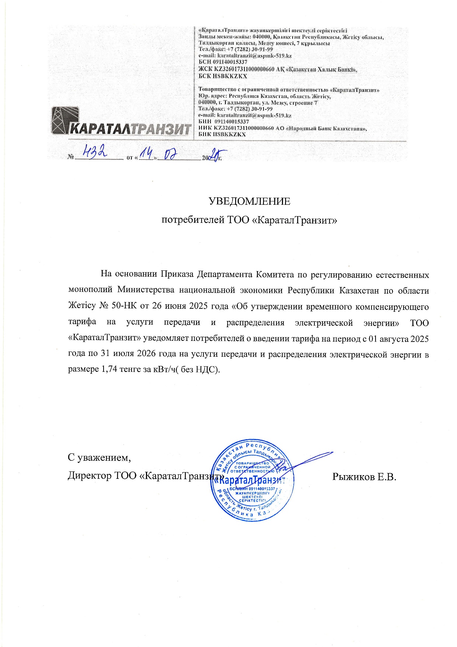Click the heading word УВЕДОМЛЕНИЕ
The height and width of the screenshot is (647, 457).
click(x=250, y=201)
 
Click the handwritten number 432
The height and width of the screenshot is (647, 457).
click(x=95, y=151)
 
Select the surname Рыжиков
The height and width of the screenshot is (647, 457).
click(x=353, y=477)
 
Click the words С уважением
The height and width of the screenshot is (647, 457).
click(x=99, y=458)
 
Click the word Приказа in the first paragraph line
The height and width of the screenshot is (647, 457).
click(x=177, y=274)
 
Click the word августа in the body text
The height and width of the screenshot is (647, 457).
click(x=391, y=338)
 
